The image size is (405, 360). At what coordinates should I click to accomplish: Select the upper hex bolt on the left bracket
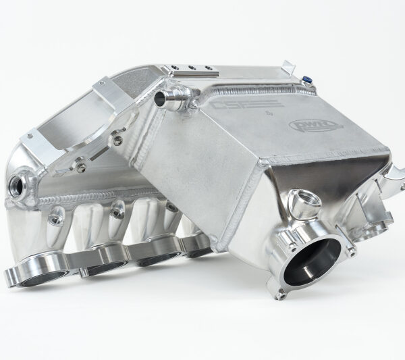coord(119,140)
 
